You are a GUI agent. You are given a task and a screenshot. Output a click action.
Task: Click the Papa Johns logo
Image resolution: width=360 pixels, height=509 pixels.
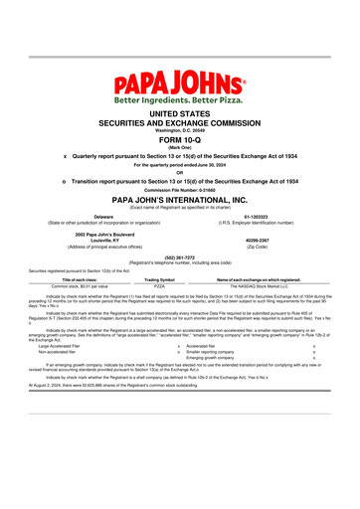tap(180, 79)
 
